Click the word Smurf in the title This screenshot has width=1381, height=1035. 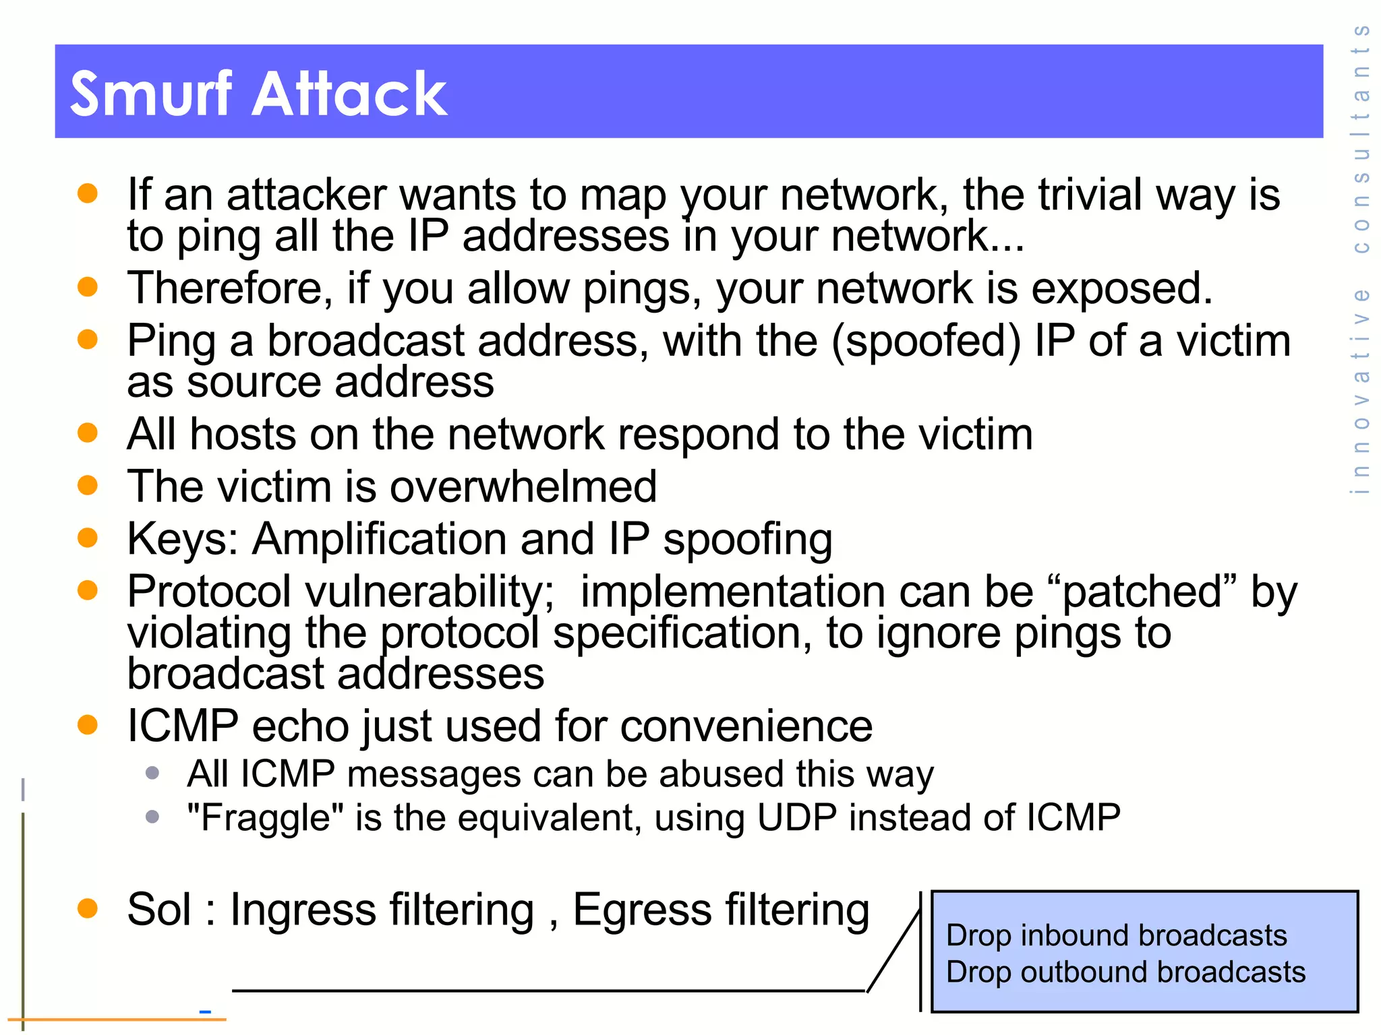pyautogui.click(x=151, y=94)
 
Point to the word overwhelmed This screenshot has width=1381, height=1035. pyautogui.click(x=523, y=487)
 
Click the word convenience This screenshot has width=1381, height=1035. pyautogui.click(x=746, y=726)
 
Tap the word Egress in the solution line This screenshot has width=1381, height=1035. pyautogui.click(x=642, y=910)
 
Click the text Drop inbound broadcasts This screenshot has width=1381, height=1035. pyautogui.click(x=1116, y=936)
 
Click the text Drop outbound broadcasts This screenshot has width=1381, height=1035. pyautogui.click(x=1125, y=972)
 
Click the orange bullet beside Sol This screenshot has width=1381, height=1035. pyautogui.click(x=88, y=908)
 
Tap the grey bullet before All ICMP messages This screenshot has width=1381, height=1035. pyautogui.click(x=152, y=772)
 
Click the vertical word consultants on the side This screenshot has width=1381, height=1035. pyautogui.click(x=1361, y=138)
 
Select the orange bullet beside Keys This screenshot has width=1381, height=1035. pyautogui.click(x=88, y=538)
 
